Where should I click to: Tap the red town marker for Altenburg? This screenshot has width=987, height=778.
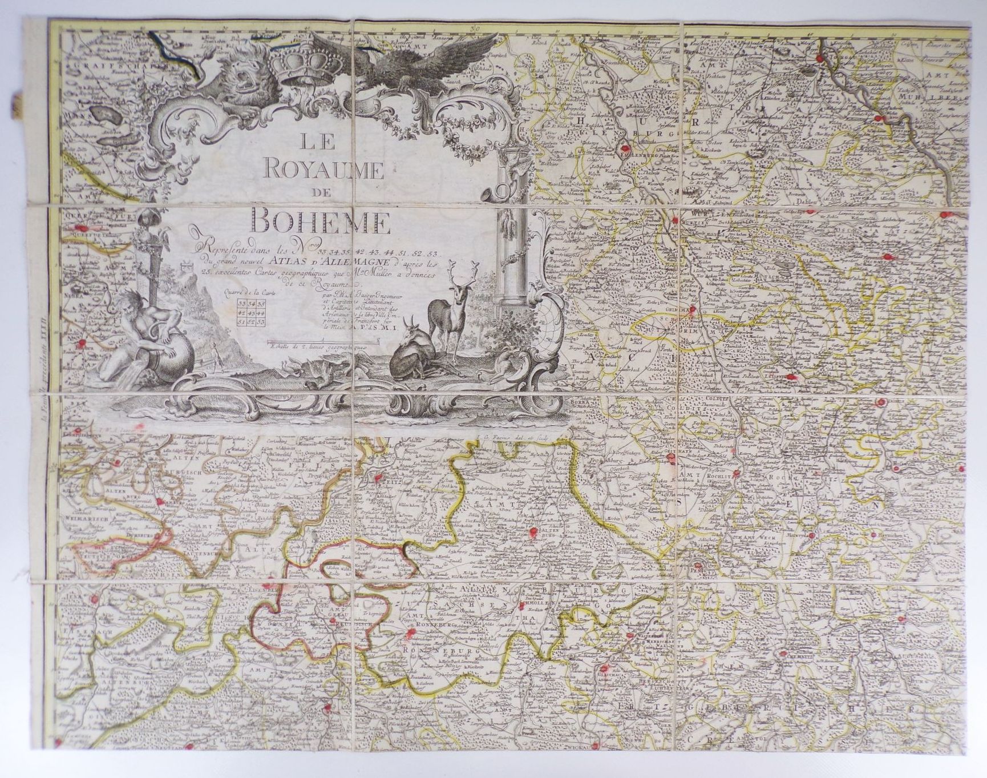pos(534,533)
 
